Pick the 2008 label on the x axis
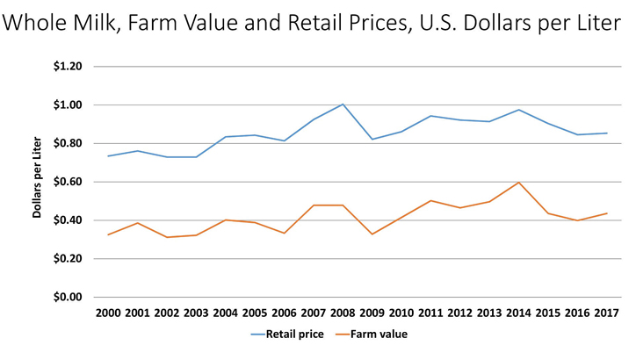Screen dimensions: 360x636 point(343,313)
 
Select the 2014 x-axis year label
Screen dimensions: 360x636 point(518,313)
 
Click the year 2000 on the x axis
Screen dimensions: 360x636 point(108,313)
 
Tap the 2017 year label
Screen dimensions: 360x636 point(606,313)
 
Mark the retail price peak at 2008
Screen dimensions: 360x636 point(343,104)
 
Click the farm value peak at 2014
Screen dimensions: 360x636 point(518,183)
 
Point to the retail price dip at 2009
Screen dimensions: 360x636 point(372,140)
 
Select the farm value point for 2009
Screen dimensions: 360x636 point(372,234)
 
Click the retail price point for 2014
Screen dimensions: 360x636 point(518,110)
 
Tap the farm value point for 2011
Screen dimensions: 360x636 point(430,200)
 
